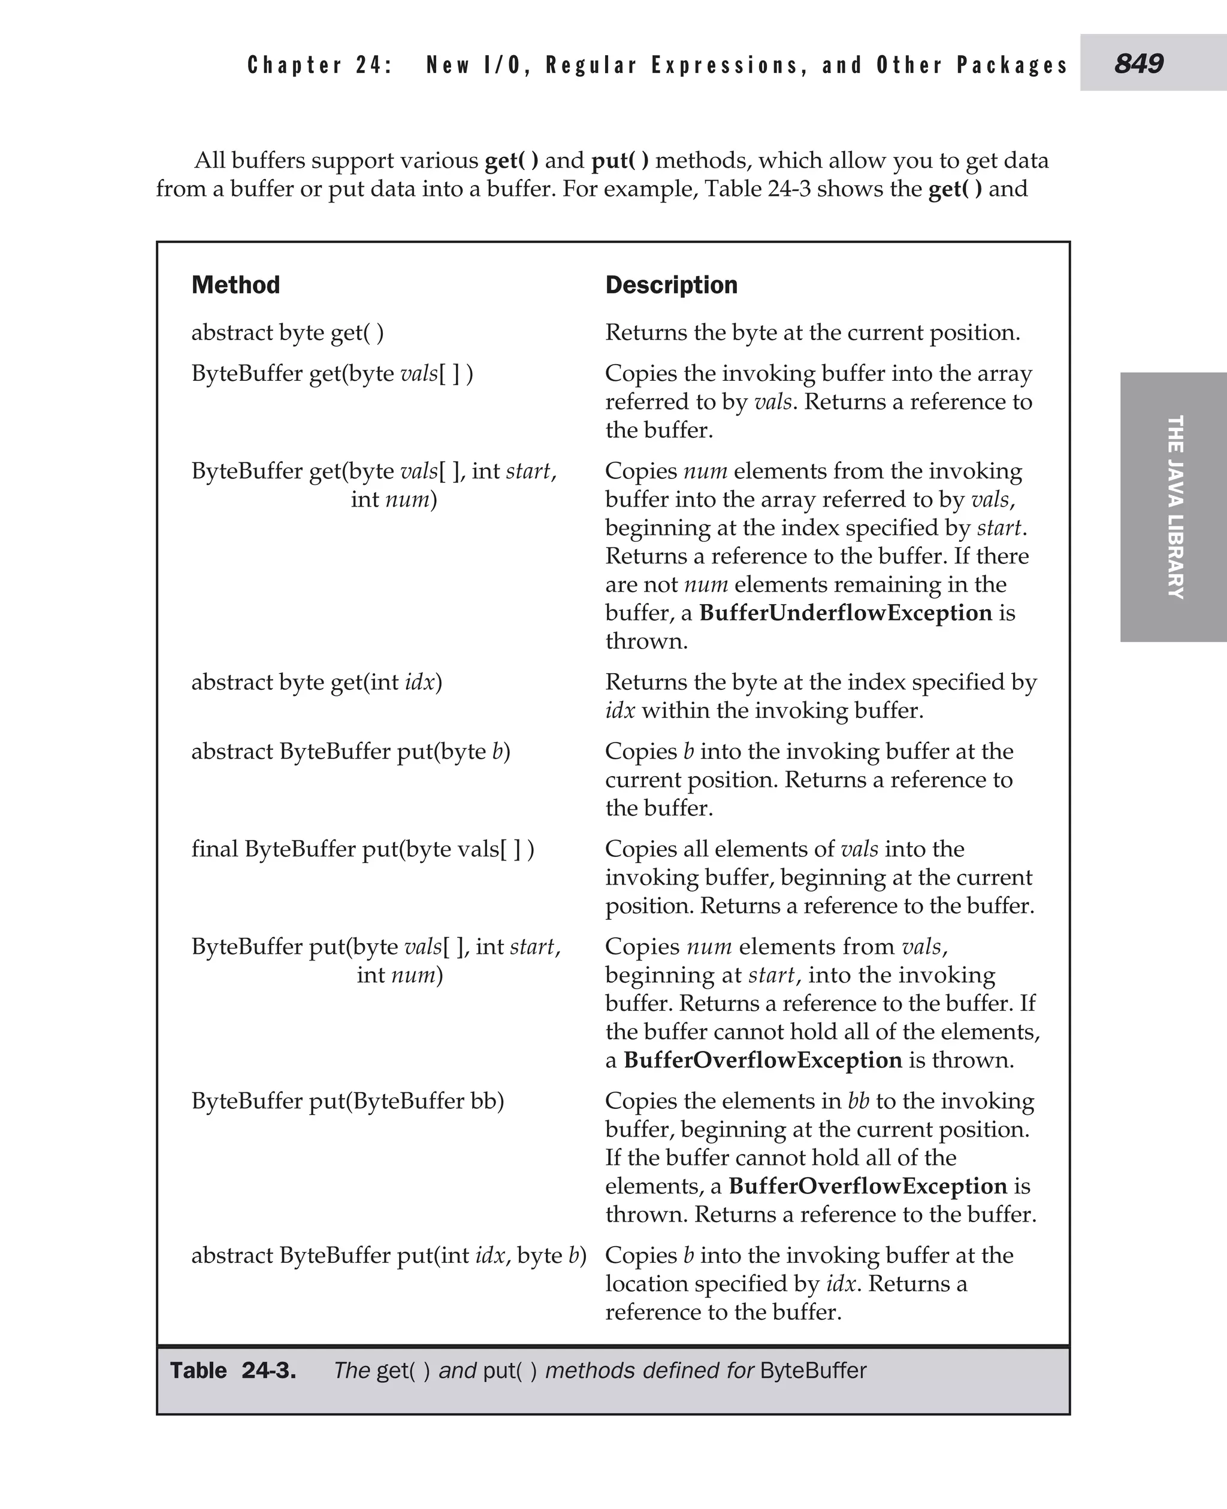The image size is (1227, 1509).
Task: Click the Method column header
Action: click(x=235, y=284)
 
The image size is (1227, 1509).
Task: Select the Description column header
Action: click(x=671, y=284)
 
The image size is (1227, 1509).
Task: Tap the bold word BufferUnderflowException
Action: click(x=845, y=613)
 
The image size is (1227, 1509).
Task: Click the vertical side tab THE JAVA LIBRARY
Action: click(x=1174, y=507)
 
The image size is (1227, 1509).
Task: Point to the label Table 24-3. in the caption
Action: click(x=233, y=1371)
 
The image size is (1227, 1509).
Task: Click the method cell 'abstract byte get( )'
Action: click(x=288, y=332)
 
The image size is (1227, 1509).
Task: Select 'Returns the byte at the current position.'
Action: click(x=812, y=332)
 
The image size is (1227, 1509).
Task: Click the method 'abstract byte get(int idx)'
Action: click(x=316, y=681)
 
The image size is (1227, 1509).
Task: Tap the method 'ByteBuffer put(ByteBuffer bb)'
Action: click(x=347, y=1101)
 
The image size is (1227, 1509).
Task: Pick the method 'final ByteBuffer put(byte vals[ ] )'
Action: click(x=362, y=849)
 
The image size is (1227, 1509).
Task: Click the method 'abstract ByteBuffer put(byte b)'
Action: click(x=350, y=751)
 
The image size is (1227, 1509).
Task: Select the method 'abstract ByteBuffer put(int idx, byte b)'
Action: click(x=389, y=1255)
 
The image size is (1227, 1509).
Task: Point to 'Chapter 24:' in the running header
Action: click(x=319, y=65)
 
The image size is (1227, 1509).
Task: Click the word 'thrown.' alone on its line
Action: click(x=646, y=641)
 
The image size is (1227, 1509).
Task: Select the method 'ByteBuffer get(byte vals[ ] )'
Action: click(x=332, y=373)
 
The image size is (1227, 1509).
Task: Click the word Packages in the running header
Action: click(x=1011, y=65)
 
